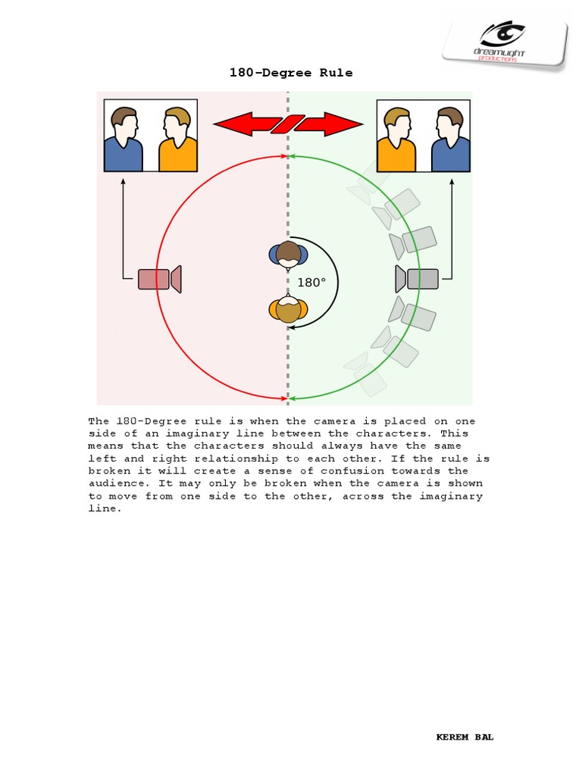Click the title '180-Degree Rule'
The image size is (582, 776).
[x=291, y=73]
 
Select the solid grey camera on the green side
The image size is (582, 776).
[x=418, y=279]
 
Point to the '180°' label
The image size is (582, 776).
[x=311, y=283]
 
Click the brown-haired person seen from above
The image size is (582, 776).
[x=288, y=255]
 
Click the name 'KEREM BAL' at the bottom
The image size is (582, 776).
[x=465, y=737]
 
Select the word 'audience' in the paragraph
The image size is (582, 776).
[x=114, y=483]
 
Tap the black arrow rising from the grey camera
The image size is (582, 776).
[x=452, y=227]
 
